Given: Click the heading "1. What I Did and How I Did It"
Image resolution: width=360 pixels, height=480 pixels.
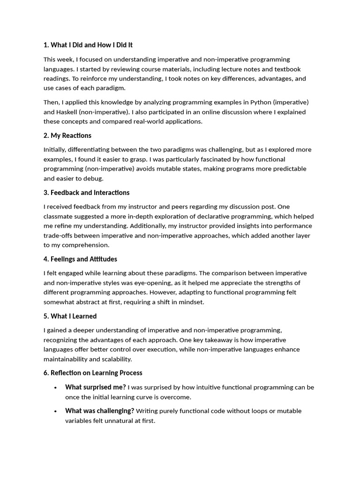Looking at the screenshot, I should [x=88, y=45].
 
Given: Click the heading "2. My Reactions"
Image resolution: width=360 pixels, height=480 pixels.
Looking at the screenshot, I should [x=67, y=135].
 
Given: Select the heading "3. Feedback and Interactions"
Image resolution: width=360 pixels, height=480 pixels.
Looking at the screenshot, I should [x=87, y=193].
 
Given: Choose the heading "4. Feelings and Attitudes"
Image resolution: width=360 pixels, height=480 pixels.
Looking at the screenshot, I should [x=80, y=259].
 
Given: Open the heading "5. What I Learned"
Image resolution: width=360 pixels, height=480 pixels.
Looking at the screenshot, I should [x=70, y=316].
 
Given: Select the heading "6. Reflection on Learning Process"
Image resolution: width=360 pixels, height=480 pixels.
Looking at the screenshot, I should [x=93, y=373].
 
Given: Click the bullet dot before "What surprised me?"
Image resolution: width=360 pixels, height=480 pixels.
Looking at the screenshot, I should [x=55, y=388].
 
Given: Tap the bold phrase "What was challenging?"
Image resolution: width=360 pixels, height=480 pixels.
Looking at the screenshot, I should [x=100, y=411].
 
